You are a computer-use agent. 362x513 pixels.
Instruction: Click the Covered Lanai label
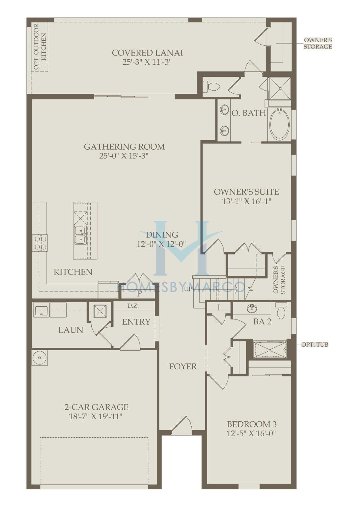pyautogui.click(x=147, y=53)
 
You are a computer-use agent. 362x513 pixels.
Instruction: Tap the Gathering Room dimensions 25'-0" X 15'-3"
pyautogui.click(x=124, y=156)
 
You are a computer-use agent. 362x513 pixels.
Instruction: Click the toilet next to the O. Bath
pyautogui.click(x=211, y=86)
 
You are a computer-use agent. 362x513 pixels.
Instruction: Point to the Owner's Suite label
pyautogui.click(x=247, y=192)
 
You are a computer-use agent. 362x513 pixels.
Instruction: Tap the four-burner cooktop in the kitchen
pyautogui.click(x=40, y=243)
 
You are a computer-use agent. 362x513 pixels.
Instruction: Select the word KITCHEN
pyautogui.click(x=73, y=272)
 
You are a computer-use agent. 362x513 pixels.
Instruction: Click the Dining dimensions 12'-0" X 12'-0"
pyautogui.click(x=161, y=244)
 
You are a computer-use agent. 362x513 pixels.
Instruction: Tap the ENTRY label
pyautogui.click(x=136, y=322)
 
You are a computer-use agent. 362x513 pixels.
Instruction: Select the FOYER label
pyautogui.click(x=183, y=367)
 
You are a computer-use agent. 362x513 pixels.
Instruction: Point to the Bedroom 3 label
pyautogui.click(x=251, y=424)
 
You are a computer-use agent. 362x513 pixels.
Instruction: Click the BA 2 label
pyautogui.click(x=262, y=322)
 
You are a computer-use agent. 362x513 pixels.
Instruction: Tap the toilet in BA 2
pyautogui.click(x=281, y=311)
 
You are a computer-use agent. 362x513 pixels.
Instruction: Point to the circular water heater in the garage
pyautogui.click(x=40, y=357)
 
